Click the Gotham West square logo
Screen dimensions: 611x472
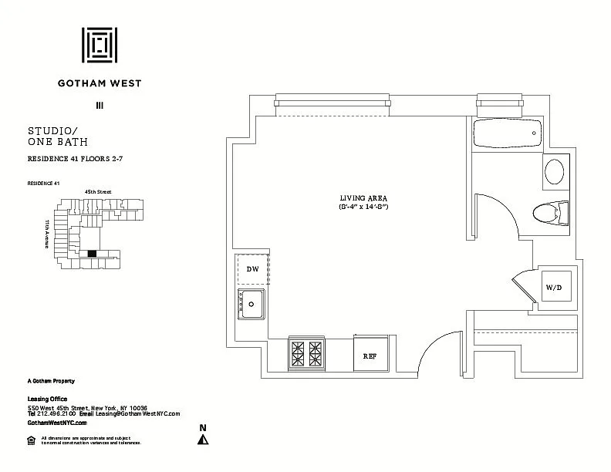[x=100, y=46]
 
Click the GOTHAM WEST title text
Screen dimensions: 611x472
[x=100, y=83]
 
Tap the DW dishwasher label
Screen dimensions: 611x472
[x=252, y=269]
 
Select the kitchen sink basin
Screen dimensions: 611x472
[x=251, y=305]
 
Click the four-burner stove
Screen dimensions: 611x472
[x=306, y=353]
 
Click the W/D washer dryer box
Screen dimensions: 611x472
[x=554, y=287]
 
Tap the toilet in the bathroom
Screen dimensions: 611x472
[x=550, y=211]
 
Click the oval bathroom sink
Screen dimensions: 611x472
[x=555, y=170]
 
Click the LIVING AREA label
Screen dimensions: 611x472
[x=363, y=198]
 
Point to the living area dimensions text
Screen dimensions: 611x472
[x=363, y=207]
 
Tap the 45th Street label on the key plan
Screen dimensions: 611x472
[x=97, y=191]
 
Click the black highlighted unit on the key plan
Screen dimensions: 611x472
[x=93, y=253]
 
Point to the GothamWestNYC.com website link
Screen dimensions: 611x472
[x=57, y=423]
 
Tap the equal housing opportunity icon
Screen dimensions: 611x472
[x=31, y=440]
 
